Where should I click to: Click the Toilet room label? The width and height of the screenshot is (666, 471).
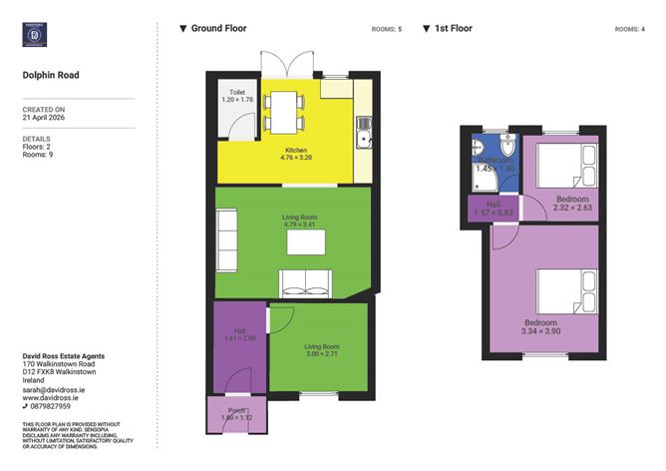235,96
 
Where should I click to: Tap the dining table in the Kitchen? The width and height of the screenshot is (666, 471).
286,110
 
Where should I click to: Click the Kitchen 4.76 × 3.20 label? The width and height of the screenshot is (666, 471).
297,154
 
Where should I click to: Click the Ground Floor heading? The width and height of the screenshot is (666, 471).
218,29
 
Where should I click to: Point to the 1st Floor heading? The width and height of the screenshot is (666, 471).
454,29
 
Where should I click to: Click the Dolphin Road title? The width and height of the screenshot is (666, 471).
50,75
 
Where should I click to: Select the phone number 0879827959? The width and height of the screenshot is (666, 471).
50,406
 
